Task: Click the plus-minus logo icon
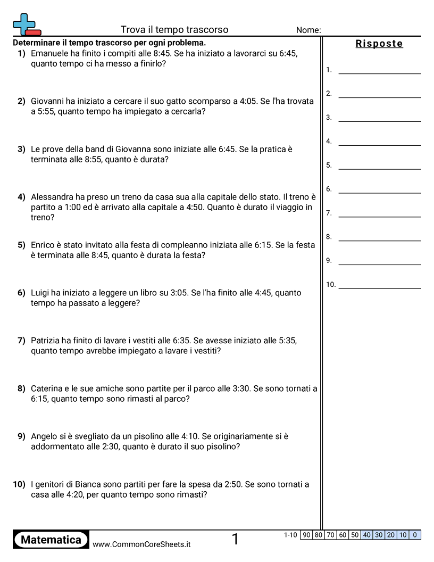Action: click(x=26, y=25)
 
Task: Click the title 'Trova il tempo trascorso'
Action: click(x=174, y=30)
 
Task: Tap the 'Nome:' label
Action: click(x=308, y=30)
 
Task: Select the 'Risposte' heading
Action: click(x=379, y=44)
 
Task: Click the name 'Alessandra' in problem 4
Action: click(x=54, y=197)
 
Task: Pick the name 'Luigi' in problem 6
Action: click(x=40, y=293)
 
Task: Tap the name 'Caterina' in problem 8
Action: click(x=48, y=389)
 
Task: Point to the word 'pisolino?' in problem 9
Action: click(x=223, y=447)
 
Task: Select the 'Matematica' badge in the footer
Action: click(x=51, y=540)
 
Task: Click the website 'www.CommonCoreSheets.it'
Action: click(x=141, y=544)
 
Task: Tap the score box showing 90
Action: click(x=306, y=535)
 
